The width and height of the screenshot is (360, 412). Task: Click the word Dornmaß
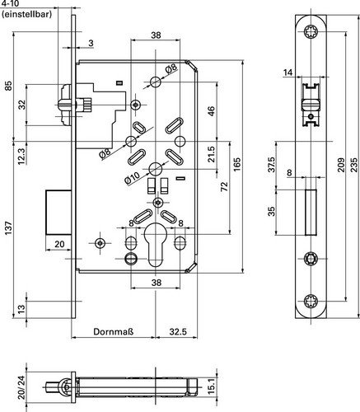pyautogui.click(x=114, y=331)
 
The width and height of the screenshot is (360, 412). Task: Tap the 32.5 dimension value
pyautogui.click(x=178, y=331)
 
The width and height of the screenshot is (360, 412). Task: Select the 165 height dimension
pyautogui.click(x=237, y=164)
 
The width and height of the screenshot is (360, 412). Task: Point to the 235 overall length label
pyautogui.click(x=354, y=165)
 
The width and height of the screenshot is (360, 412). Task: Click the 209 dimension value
pyautogui.click(x=340, y=165)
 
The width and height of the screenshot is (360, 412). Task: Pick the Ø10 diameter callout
pyautogui.click(x=133, y=178)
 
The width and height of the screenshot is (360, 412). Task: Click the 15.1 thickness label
pyautogui.click(x=211, y=386)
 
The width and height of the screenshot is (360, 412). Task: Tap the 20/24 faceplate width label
pyautogui.click(x=21, y=387)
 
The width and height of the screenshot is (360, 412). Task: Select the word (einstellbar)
pyautogui.click(x=26, y=15)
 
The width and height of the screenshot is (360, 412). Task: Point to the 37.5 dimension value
pyautogui.click(x=271, y=165)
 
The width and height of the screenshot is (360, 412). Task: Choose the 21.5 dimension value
pyautogui.click(x=211, y=154)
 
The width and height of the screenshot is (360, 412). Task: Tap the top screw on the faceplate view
pyautogui.click(x=311, y=32)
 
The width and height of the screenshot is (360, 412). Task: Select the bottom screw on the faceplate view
pyautogui.click(x=311, y=301)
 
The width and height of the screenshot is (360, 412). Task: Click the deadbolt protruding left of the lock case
pyautogui.click(x=58, y=212)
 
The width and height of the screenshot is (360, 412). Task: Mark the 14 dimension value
pyautogui.click(x=288, y=73)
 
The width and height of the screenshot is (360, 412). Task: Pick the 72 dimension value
pyautogui.click(x=225, y=187)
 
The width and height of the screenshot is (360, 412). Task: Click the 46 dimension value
pyautogui.click(x=211, y=111)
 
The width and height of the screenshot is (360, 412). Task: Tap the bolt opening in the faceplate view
pyautogui.click(x=311, y=212)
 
